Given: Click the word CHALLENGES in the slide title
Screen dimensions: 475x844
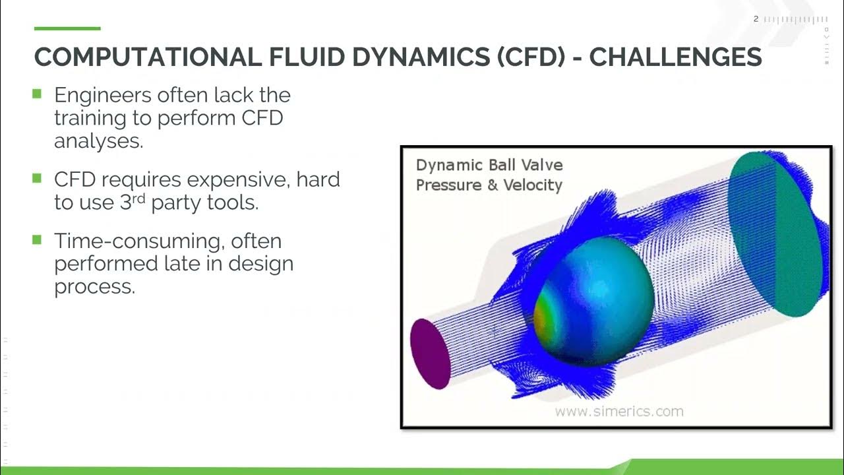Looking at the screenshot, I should tap(675, 57).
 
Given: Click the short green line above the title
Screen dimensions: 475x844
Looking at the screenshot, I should tap(67, 28).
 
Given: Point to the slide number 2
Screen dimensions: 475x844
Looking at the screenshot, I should tap(756, 19).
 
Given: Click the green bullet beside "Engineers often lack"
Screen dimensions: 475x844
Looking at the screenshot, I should tap(37, 94).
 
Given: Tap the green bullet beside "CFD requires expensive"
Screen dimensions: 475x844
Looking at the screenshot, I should tap(37, 177).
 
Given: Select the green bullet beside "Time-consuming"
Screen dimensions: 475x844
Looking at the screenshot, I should tap(37, 239).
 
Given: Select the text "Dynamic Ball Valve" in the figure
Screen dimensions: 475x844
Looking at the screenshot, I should tap(489, 165).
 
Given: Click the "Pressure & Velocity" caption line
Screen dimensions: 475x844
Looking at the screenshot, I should tap(489, 185).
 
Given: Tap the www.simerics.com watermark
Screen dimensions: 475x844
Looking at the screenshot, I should tap(618, 412).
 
